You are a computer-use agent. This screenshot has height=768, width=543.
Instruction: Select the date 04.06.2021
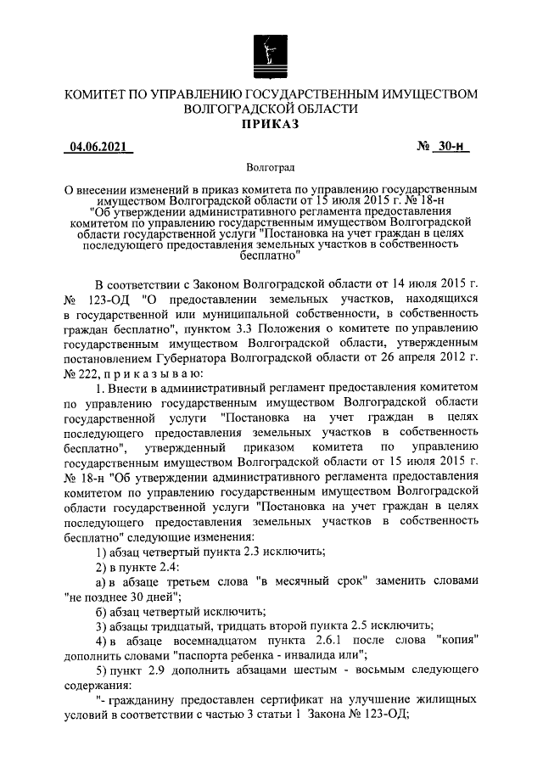point(98,147)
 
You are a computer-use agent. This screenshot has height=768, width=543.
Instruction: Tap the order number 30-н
point(454,147)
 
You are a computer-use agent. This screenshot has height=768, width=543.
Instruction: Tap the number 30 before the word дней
point(127,597)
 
